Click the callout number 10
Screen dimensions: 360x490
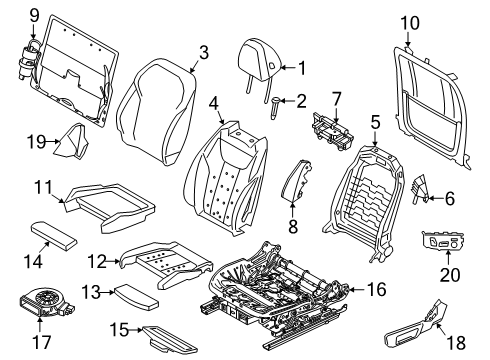click(410, 21)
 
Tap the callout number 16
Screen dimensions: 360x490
click(377, 290)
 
